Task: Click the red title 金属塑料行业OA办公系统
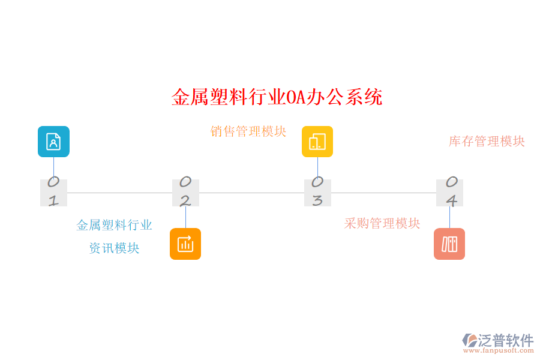[x=277, y=97]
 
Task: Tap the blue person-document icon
[x=53, y=142]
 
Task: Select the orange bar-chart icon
[x=185, y=244]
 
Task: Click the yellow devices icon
[x=317, y=142]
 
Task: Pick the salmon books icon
[x=449, y=244]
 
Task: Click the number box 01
[x=53, y=193]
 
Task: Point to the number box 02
[x=185, y=193]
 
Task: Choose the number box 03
[x=317, y=193]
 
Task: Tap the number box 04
[x=449, y=193]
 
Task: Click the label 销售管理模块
[x=248, y=131]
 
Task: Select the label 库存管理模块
[x=487, y=142]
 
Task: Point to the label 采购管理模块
[x=382, y=224]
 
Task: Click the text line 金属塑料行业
[x=115, y=226]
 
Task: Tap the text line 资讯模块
[x=115, y=248]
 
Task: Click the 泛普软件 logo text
[x=506, y=340]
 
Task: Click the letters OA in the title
[x=296, y=97]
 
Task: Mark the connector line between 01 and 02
[x=119, y=193]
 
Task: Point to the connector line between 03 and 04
[x=383, y=193]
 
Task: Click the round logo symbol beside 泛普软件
[x=470, y=340]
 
